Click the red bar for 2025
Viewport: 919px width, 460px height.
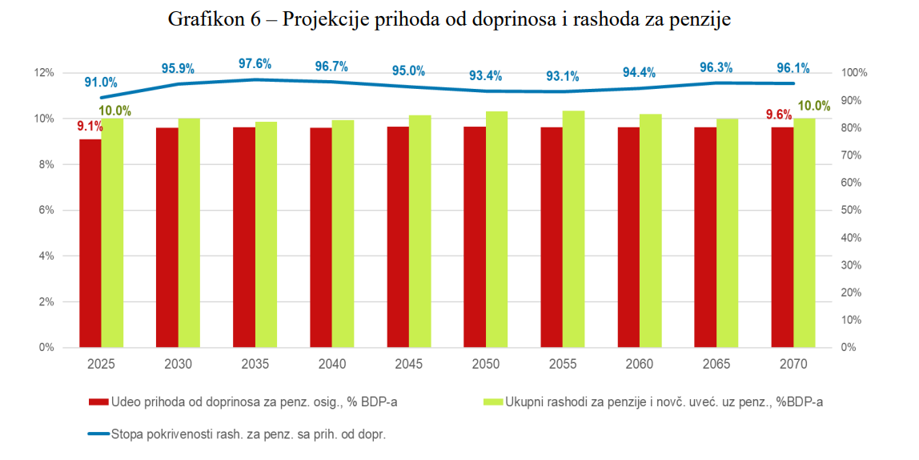click(90, 244)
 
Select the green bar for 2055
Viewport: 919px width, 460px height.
click(573, 229)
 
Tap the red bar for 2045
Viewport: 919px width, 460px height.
click(398, 237)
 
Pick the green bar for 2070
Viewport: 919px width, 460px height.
click(804, 233)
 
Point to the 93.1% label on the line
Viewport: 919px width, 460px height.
click(562, 76)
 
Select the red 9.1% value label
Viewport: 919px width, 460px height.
click(90, 126)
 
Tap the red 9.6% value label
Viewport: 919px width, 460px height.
click(779, 115)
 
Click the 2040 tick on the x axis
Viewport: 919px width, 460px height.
click(331, 364)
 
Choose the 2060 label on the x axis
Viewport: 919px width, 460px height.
click(639, 364)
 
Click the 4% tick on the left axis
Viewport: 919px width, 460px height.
click(46, 256)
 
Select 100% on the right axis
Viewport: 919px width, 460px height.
click(856, 73)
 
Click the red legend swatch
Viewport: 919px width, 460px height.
click(97, 401)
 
